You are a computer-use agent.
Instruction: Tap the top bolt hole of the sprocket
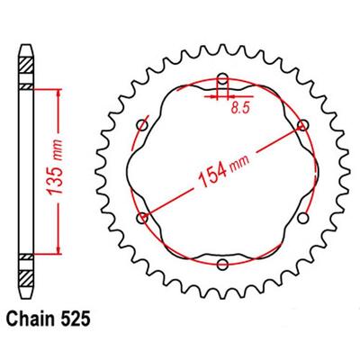coord(221,77)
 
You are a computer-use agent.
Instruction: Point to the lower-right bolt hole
coord(302,217)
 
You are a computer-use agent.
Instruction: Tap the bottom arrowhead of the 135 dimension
coord(60,255)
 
